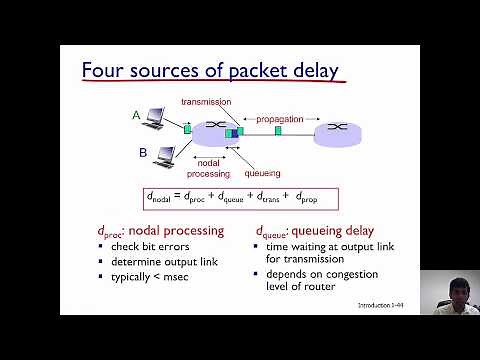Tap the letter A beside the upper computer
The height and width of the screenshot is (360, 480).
click(x=136, y=115)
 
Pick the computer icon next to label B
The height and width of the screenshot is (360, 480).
click(x=161, y=156)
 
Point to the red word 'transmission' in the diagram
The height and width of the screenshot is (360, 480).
click(x=206, y=102)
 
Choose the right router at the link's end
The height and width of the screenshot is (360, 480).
click(x=338, y=130)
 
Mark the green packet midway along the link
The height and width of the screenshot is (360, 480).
click(x=279, y=130)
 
